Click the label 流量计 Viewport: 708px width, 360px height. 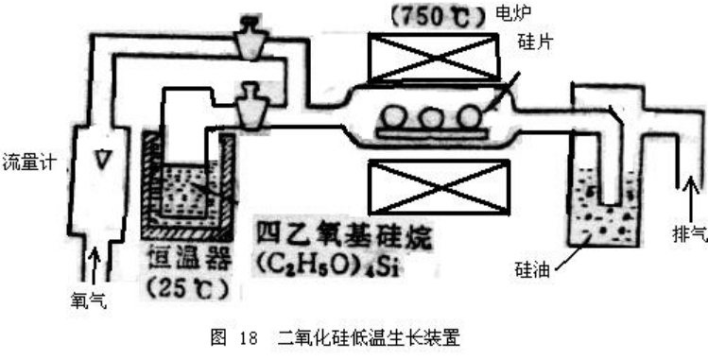tap(29, 161)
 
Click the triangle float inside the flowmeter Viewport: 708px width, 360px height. tap(100, 162)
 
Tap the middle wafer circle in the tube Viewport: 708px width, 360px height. tap(431, 118)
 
